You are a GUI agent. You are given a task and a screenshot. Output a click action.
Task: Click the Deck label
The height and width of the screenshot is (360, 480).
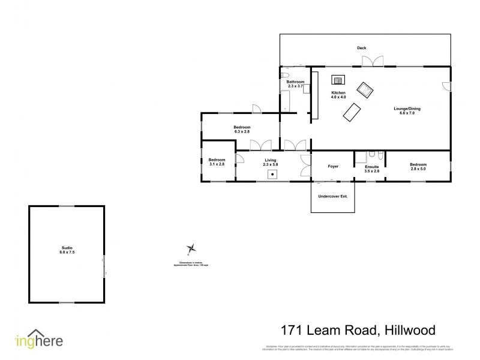pos(361,48)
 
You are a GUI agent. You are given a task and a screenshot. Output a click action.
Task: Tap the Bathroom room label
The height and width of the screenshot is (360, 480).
pos(295,84)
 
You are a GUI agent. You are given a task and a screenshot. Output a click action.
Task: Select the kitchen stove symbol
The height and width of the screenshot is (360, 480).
pos(338,79)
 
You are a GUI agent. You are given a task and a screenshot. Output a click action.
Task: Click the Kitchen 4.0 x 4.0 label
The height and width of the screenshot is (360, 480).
pos(339,95)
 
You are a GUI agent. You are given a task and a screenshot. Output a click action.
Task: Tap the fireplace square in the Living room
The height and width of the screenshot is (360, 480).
pos(273,175)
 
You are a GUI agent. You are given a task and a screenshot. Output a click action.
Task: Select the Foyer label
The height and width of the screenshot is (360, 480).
pos(333,166)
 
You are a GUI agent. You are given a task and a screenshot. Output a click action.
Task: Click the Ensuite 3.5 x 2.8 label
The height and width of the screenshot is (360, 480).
pos(372,169)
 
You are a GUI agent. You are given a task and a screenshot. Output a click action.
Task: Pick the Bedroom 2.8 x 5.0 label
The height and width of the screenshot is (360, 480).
pos(418,166)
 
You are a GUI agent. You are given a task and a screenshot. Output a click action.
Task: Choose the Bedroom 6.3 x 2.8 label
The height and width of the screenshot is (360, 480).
pos(242,130)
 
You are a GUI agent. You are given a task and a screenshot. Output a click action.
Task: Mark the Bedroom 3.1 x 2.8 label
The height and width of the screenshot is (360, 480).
pos(217,162)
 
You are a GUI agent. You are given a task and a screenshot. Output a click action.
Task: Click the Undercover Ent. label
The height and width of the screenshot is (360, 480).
pos(333,196)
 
